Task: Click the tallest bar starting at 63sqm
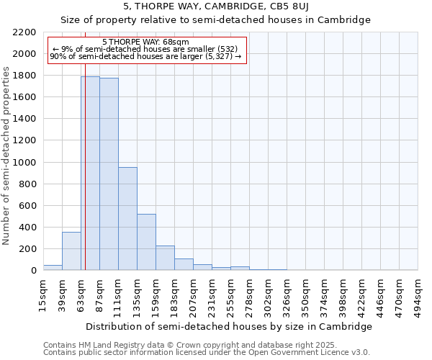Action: (90, 173)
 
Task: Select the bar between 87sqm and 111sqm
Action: (109, 174)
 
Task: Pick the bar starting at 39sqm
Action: (71, 251)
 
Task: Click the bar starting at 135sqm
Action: (146, 242)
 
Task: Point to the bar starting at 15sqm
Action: (53, 267)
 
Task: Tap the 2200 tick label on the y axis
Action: (24, 32)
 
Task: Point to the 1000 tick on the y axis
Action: (24, 163)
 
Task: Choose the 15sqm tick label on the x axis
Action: (43, 295)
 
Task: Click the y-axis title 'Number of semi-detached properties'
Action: (6, 156)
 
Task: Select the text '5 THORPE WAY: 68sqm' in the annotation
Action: (146, 42)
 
